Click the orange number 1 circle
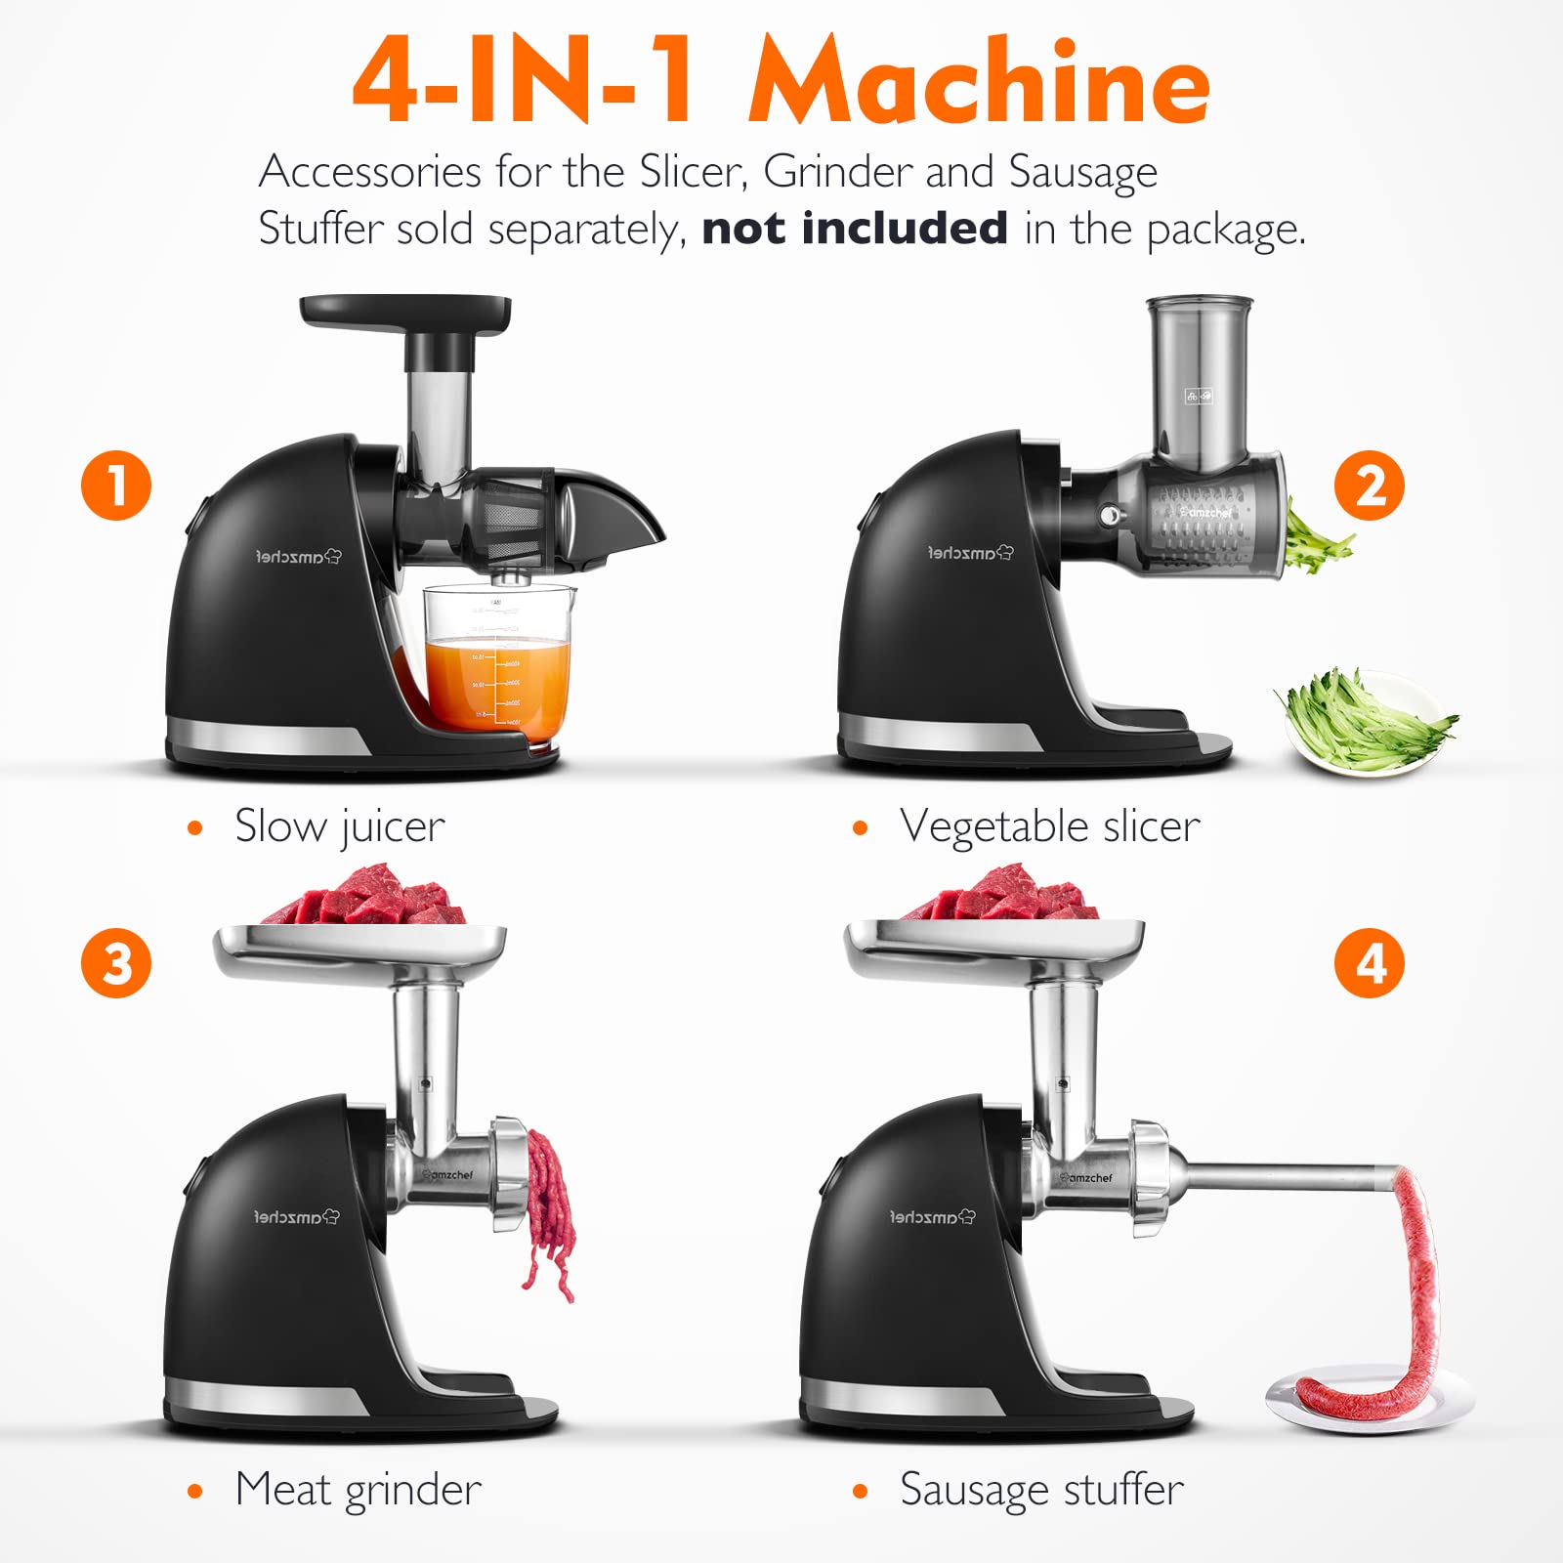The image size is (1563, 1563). pyautogui.click(x=116, y=486)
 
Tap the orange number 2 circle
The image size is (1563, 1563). pyautogui.click(x=1370, y=486)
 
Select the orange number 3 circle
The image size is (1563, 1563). pyautogui.click(x=116, y=963)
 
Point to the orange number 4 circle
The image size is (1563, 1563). pyautogui.click(x=1370, y=963)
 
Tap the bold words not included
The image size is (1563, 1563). pyautogui.click(x=855, y=229)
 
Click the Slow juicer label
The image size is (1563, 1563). pyautogui.click(x=339, y=826)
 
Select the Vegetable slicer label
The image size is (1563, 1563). pyautogui.click(x=1049, y=826)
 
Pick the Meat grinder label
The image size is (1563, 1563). pyautogui.click(x=358, y=1490)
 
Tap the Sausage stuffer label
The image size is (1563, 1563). pyautogui.click(x=1041, y=1490)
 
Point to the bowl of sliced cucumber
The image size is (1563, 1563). pyautogui.click(x=1366, y=723)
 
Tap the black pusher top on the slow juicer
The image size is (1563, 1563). pyautogui.click(x=405, y=313)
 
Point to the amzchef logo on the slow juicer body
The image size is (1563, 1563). pyautogui.click(x=298, y=557)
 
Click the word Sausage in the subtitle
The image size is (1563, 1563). pyautogui.click(x=1082, y=172)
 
